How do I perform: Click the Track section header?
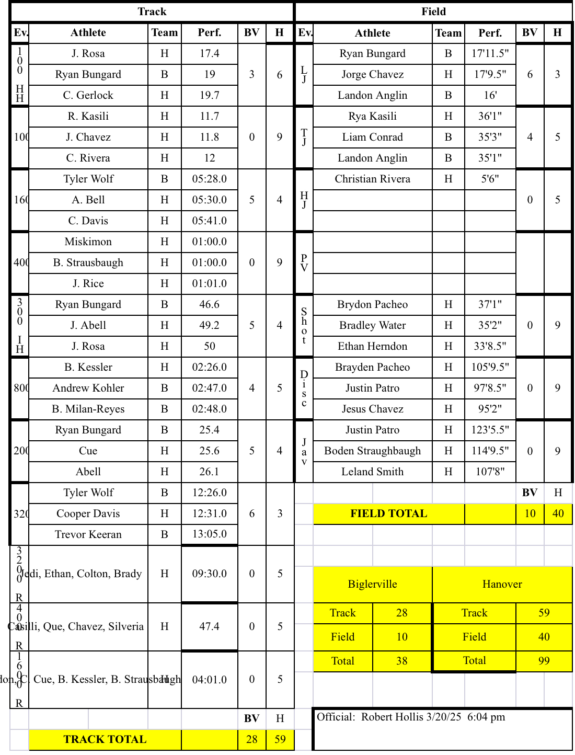tap(152, 12)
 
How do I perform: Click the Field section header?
tap(433, 12)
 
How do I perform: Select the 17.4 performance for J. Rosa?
tap(209, 53)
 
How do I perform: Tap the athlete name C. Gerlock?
tap(88, 95)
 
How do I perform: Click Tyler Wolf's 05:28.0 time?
tap(209, 179)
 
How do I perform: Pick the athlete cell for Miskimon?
tap(88, 242)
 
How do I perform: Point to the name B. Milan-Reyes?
tap(88, 409)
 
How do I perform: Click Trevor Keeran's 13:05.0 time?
tap(209, 534)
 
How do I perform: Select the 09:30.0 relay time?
tap(209, 574)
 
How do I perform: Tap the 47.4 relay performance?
tap(209, 626)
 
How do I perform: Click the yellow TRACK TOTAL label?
tap(105, 739)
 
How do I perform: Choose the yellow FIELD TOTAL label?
tap(388, 513)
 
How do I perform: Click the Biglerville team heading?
tap(372, 584)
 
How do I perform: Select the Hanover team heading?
tap(502, 584)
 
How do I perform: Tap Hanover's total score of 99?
tap(544, 661)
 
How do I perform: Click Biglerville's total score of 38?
tap(401, 661)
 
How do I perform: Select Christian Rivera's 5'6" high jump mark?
tap(490, 179)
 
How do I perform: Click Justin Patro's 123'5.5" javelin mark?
tap(490, 430)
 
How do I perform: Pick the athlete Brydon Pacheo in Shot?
tap(372, 304)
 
